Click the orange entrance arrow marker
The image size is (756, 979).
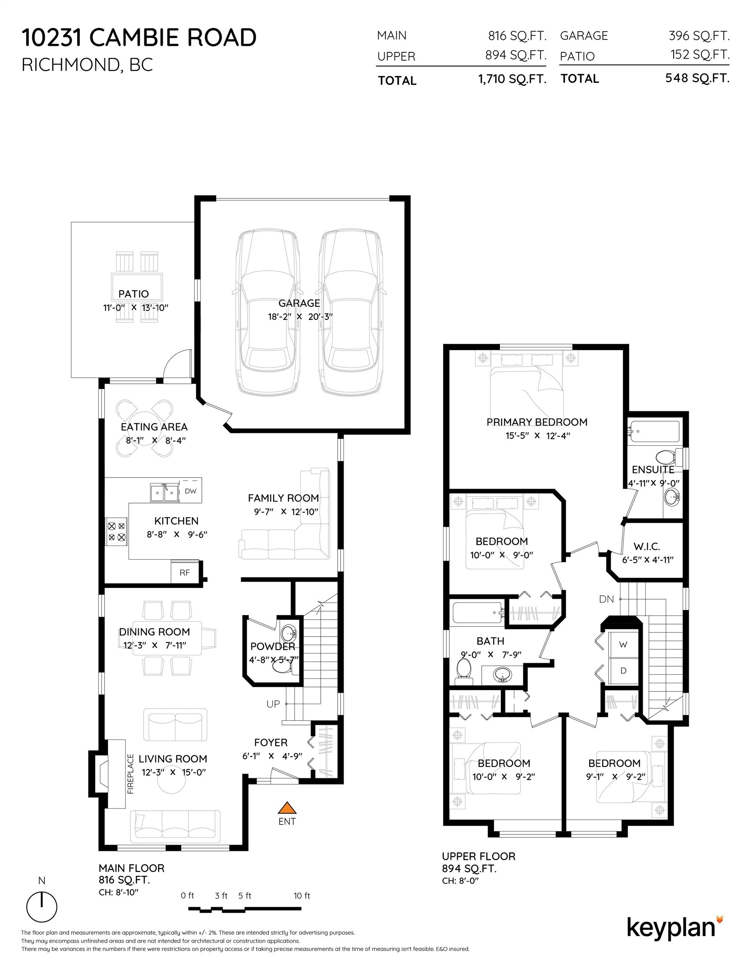(x=287, y=808)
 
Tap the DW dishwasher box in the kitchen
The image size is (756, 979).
(x=190, y=491)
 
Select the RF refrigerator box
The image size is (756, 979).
(x=185, y=572)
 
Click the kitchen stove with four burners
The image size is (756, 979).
(x=116, y=532)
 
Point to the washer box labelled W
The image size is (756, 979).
(x=623, y=645)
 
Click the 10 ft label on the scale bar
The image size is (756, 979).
(x=302, y=896)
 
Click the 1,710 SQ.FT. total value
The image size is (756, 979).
(x=512, y=79)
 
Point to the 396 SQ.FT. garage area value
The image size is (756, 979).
(x=699, y=35)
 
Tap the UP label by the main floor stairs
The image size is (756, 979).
(x=273, y=704)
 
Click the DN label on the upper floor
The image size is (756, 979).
(x=606, y=599)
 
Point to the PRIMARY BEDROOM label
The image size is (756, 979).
(x=537, y=422)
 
